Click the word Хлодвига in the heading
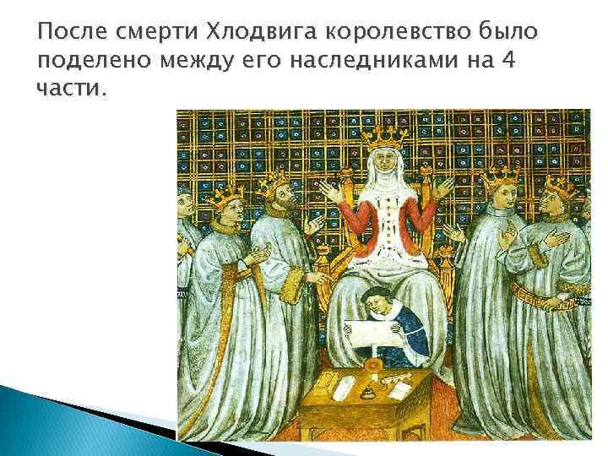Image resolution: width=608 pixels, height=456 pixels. coord(263,33)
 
